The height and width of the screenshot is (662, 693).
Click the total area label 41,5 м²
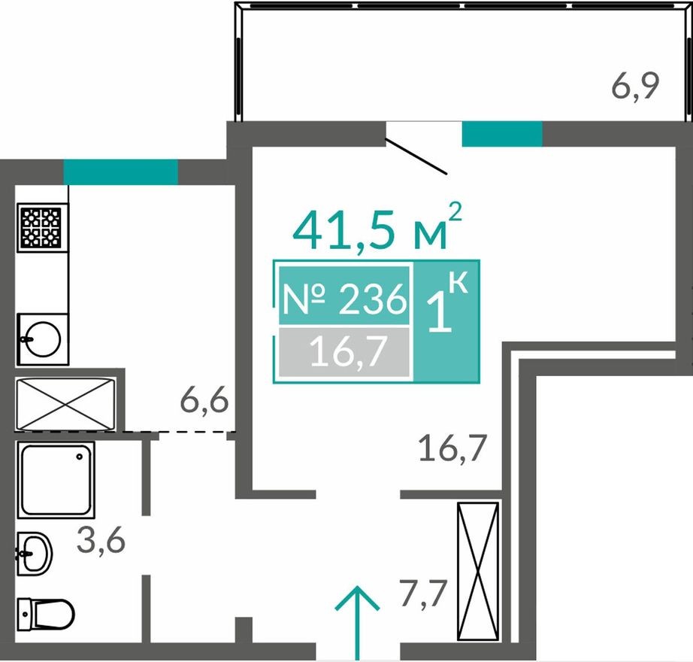coord(376,229)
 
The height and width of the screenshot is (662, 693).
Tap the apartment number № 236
coord(343,302)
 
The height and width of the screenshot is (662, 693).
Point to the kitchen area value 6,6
coord(204,402)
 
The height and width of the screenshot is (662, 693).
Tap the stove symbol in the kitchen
coord(41,228)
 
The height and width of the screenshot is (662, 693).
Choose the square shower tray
coord(57,479)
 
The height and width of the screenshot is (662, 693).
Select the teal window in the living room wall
coord(501,133)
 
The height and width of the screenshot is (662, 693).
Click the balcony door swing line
coord(417,155)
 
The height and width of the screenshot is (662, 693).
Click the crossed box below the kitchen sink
coord(66,405)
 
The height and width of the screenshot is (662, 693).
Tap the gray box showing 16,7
coord(345,351)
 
